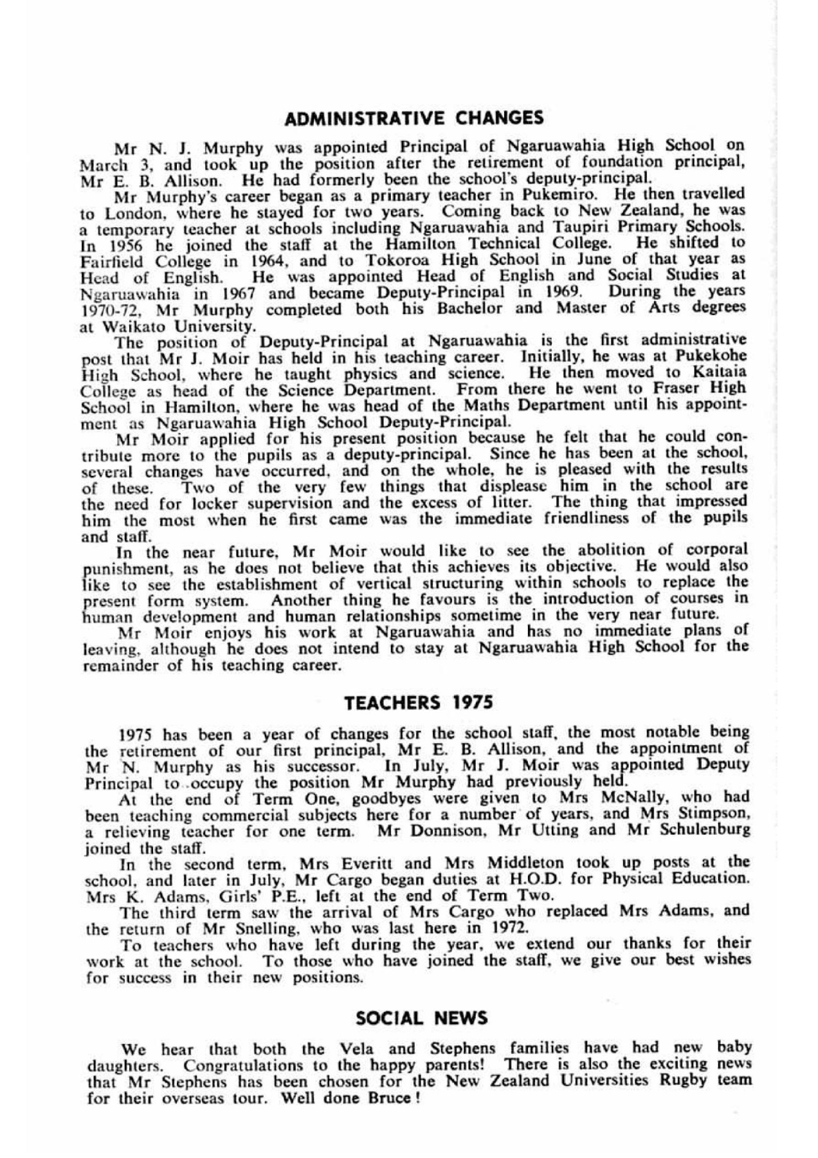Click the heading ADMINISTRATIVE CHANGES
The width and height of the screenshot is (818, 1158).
pos(414,118)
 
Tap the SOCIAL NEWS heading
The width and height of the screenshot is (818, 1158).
pos(422,1018)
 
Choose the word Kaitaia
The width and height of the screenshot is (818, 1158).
pos(718,372)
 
